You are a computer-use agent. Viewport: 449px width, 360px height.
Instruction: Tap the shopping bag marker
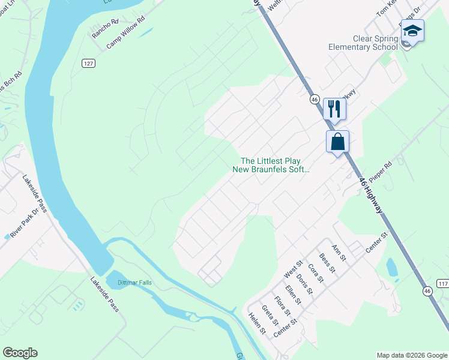click(x=338, y=142)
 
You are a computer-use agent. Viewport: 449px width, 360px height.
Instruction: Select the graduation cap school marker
click(x=412, y=31)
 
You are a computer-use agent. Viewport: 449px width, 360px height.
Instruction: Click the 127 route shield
click(x=88, y=63)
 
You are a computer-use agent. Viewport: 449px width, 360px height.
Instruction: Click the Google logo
click(x=20, y=353)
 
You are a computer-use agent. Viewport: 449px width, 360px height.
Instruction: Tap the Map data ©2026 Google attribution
click(x=411, y=355)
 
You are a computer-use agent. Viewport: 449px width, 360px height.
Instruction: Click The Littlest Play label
click(x=270, y=161)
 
